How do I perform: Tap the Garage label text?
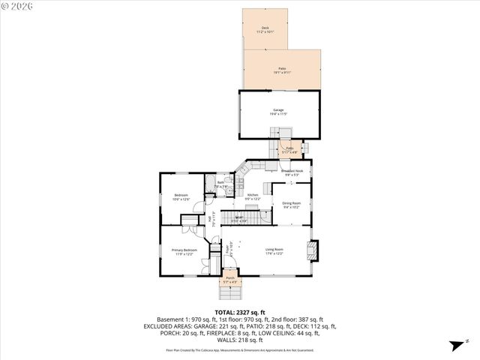(278, 112)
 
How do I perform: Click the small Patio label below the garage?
(289, 150)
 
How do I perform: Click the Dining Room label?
(291, 205)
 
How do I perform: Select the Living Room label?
(274, 251)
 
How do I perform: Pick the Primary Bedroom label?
(184, 251)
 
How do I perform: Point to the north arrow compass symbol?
(454, 346)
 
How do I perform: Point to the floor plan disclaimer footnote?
(239, 350)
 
